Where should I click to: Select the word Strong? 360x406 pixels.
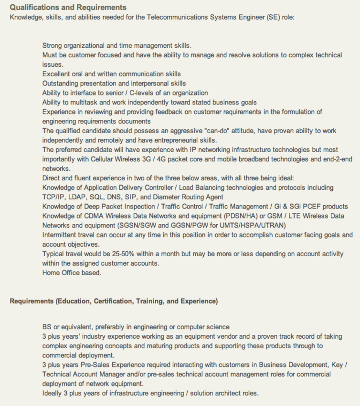point(53,46)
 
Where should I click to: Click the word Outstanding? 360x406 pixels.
point(61,83)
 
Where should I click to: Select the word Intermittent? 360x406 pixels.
point(59,235)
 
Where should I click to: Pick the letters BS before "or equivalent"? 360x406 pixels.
point(47,327)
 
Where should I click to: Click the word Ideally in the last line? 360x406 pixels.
point(53,393)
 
